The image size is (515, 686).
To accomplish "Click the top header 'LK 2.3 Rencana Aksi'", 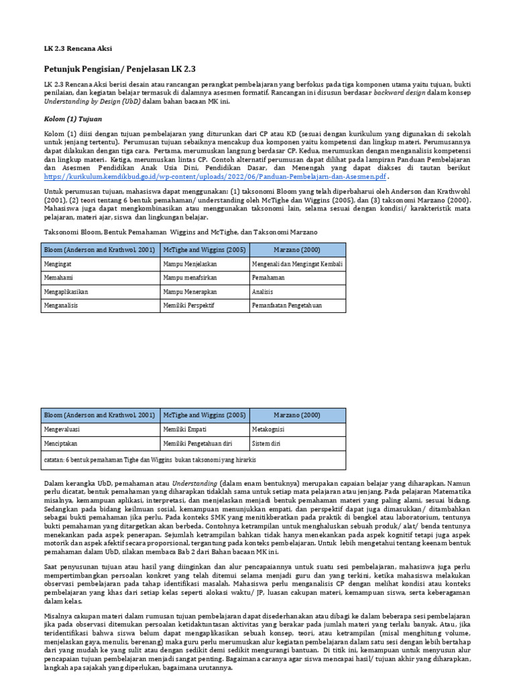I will (78, 49).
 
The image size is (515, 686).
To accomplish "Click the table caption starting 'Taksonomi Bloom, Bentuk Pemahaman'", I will (180, 232).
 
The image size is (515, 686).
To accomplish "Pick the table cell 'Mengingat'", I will (58, 264).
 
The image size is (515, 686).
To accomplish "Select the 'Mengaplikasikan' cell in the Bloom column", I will (66, 292).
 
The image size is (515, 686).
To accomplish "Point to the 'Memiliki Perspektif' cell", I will (188, 305).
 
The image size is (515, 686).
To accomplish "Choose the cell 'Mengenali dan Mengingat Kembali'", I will (297, 264).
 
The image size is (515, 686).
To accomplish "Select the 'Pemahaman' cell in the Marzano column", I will (268, 277).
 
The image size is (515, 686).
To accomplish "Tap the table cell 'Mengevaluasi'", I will (63, 429).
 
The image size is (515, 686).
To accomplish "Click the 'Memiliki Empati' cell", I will (184, 429).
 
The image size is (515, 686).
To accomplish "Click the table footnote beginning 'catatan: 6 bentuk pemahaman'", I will (150, 460).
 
